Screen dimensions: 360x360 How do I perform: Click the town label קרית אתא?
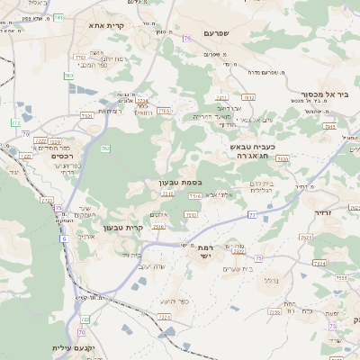click(x=106, y=26)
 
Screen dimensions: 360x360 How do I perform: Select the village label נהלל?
click(x=269, y=281)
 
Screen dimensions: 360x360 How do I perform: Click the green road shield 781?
click(x=58, y=17)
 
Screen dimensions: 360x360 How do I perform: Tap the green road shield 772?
click(x=16, y=121)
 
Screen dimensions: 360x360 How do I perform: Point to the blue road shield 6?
click(x=63, y=238)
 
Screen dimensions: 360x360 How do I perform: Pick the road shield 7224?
click(x=164, y=317)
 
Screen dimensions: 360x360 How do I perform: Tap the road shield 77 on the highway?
click(x=253, y=214)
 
